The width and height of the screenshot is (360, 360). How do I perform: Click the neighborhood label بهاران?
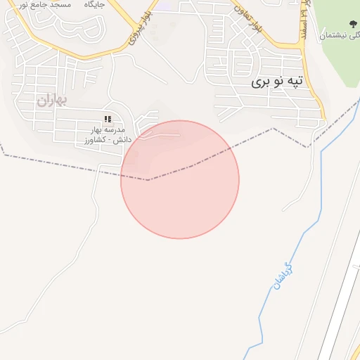point(51,100)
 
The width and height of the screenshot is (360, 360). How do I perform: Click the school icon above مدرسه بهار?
point(108,120)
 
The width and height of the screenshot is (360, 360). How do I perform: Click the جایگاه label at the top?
point(94,4)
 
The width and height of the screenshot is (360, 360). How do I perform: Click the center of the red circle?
point(180,179)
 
